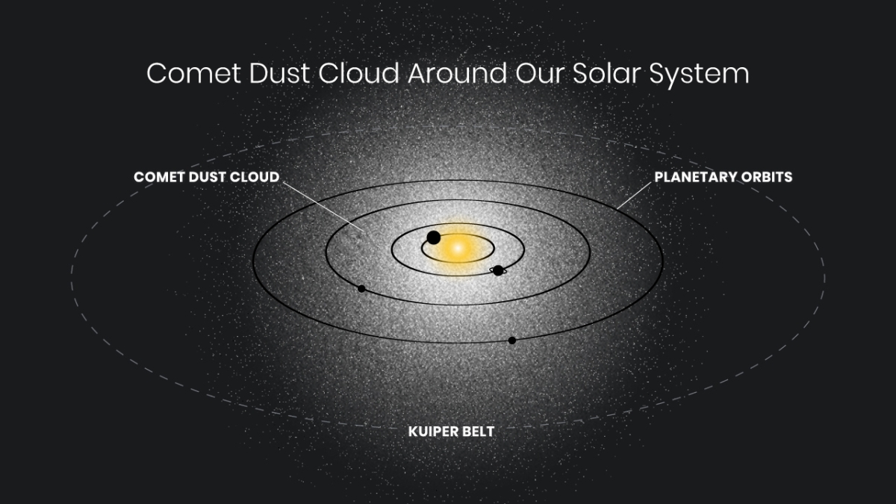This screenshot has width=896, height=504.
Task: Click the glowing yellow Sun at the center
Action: click(x=458, y=247)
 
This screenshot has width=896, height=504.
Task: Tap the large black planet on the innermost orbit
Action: click(x=433, y=237)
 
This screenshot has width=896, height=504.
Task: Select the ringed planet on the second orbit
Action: click(x=498, y=270)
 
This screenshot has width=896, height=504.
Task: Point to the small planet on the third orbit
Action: click(x=361, y=288)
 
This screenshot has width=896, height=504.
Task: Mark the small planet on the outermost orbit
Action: click(x=512, y=340)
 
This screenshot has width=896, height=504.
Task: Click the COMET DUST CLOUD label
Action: click(x=206, y=177)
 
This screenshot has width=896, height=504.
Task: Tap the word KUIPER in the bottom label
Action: click(x=432, y=432)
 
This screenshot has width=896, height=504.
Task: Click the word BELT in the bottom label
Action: click(x=479, y=432)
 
